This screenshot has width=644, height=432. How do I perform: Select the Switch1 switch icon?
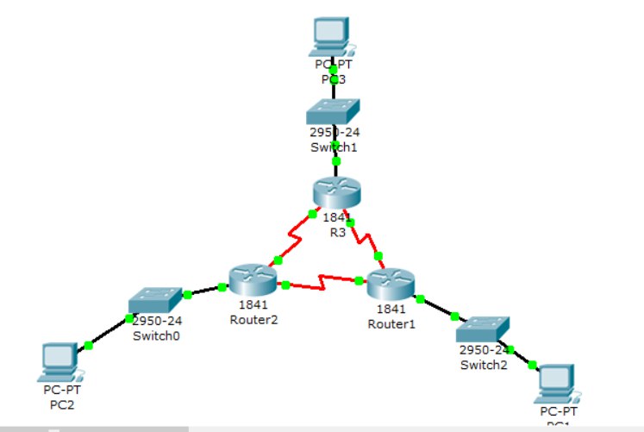335,113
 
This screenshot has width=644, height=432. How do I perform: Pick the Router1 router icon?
391,283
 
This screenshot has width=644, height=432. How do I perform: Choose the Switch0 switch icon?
155,299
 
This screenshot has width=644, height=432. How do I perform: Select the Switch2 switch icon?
483,329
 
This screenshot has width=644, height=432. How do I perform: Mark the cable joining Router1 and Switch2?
437,309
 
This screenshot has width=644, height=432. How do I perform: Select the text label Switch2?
483,364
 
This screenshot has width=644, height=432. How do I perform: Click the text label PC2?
61,403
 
